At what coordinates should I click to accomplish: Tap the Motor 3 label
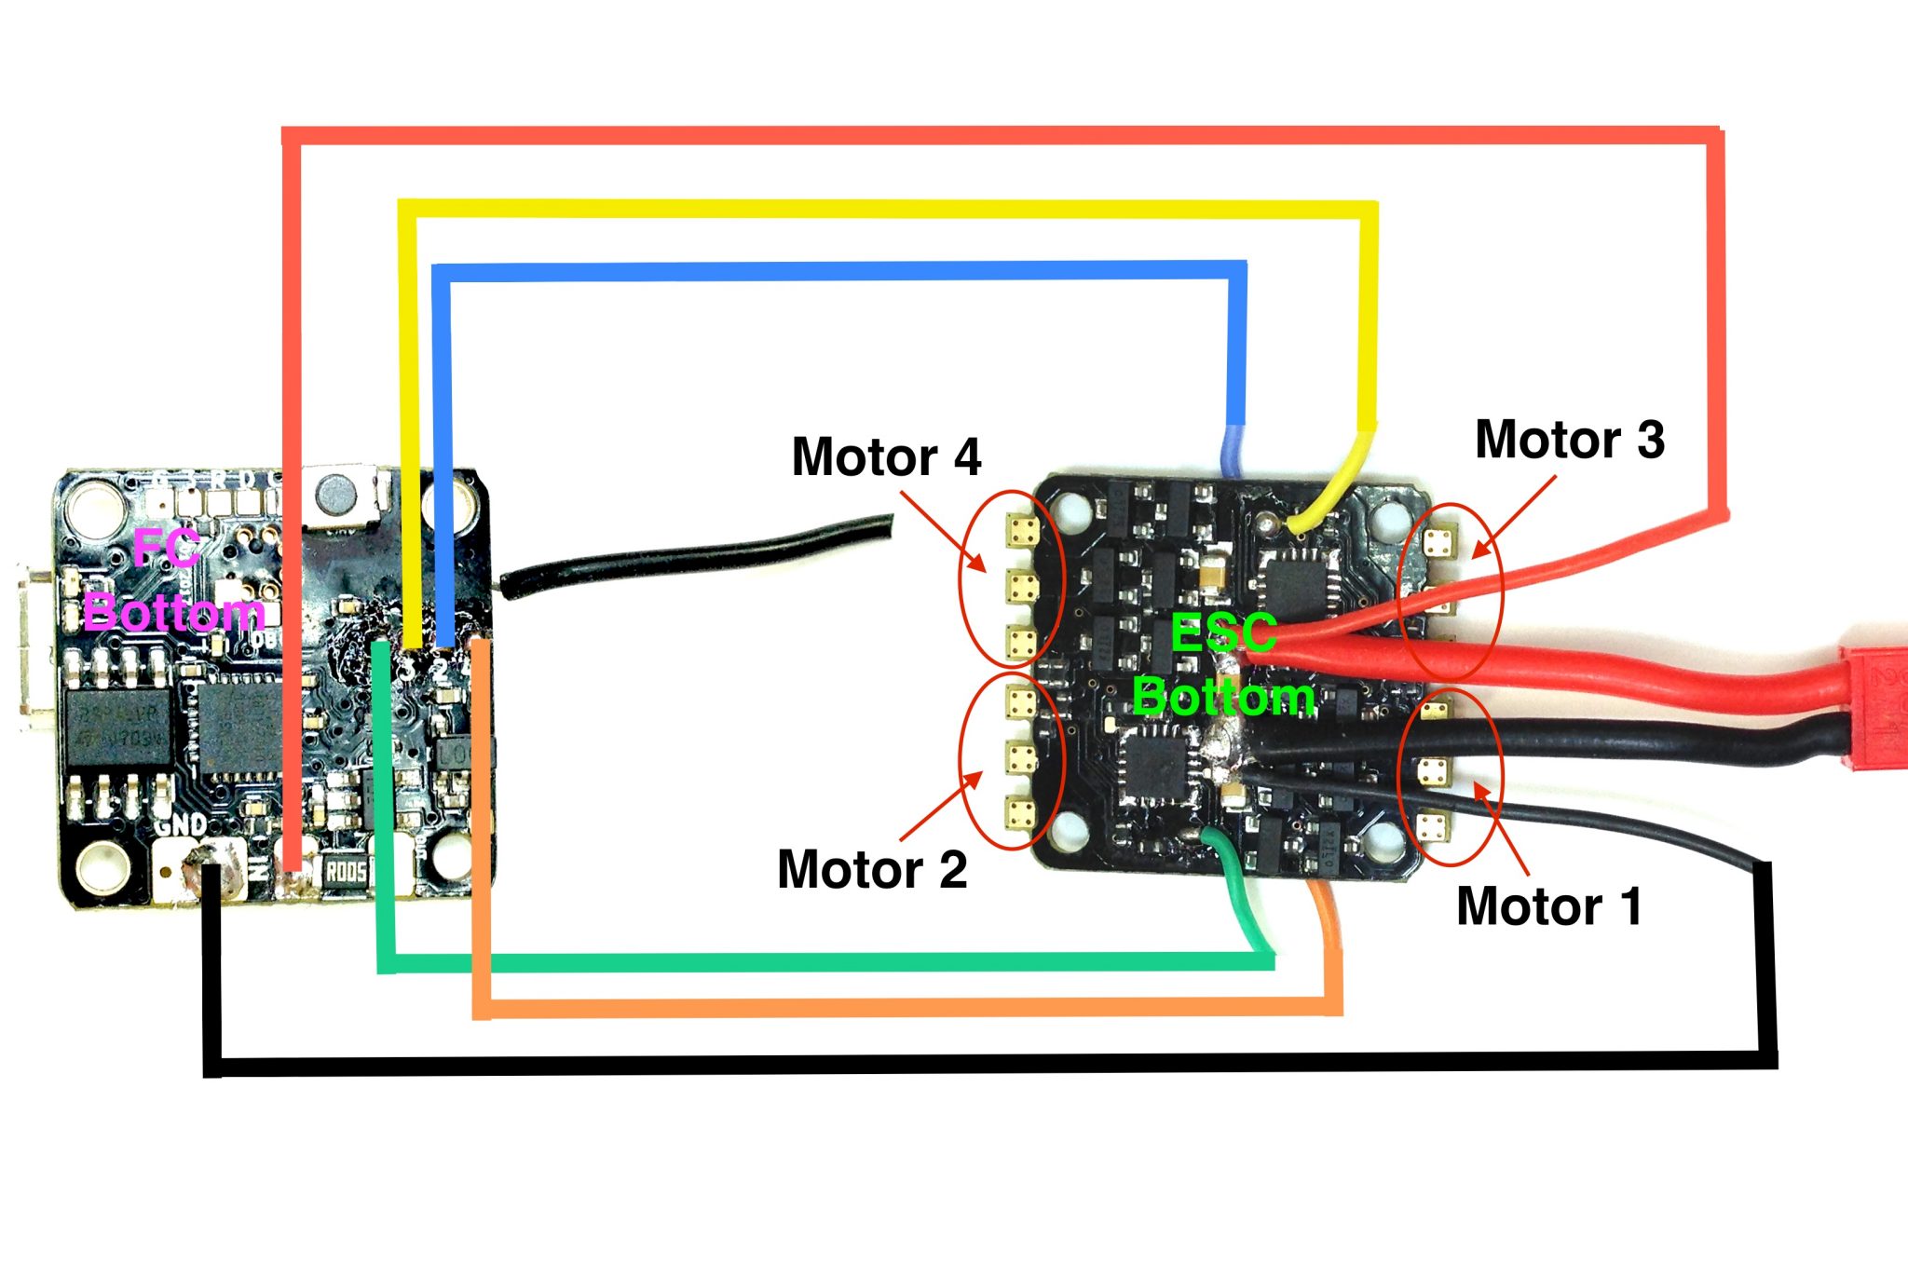(x=1569, y=440)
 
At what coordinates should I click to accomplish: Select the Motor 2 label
(x=872, y=869)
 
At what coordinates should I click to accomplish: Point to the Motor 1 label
(x=1548, y=906)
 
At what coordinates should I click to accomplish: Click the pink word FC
(x=166, y=548)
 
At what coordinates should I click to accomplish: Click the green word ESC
(x=1222, y=634)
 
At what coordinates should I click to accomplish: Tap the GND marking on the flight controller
(x=181, y=823)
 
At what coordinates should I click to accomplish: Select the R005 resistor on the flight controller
(x=346, y=872)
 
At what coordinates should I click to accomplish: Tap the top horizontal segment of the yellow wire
(x=885, y=209)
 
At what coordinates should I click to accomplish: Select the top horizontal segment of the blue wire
(x=838, y=271)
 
